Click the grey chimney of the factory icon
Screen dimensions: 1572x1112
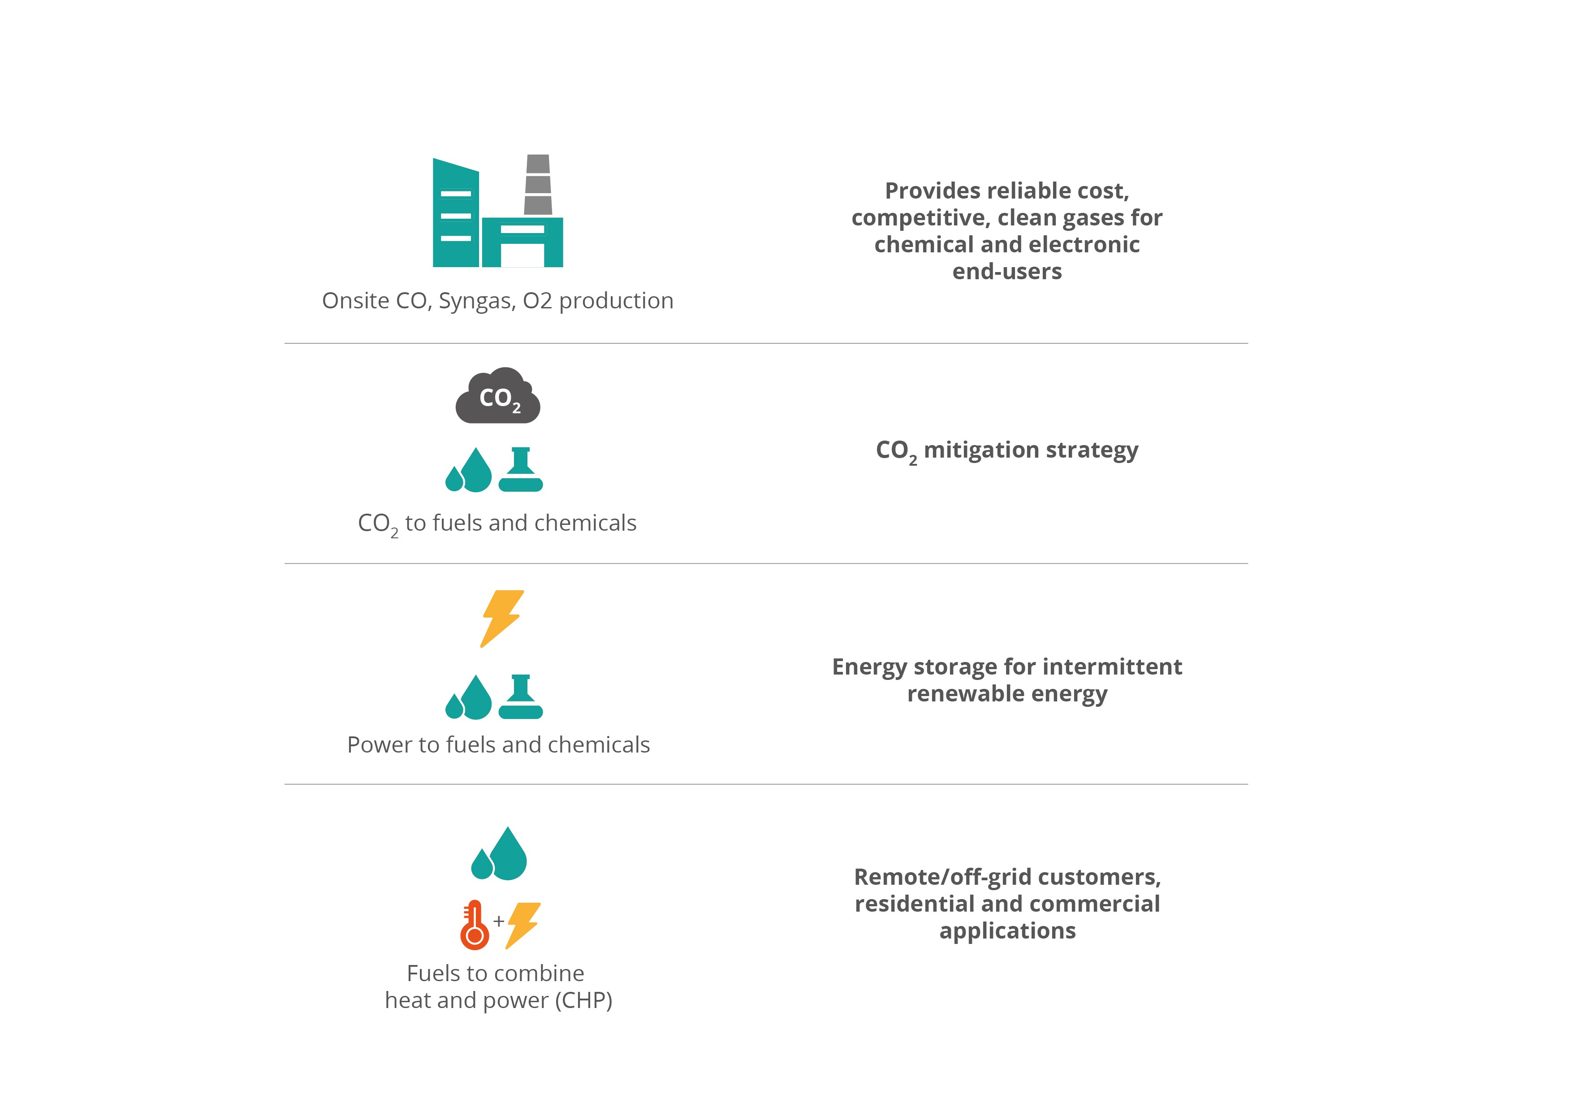click(x=538, y=184)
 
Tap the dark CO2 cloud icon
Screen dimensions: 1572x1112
click(x=498, y=396)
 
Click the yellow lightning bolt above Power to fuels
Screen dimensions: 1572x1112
click(x=502, y=619)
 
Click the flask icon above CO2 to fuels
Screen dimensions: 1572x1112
click(x=521, y=470)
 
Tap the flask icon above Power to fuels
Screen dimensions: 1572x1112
click(x=521, y=697)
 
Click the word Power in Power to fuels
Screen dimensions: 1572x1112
click(x=376, y=744)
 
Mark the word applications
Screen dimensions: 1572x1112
click(x=1008, y=931)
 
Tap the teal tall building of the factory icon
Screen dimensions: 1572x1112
click(x=455, y=212)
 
